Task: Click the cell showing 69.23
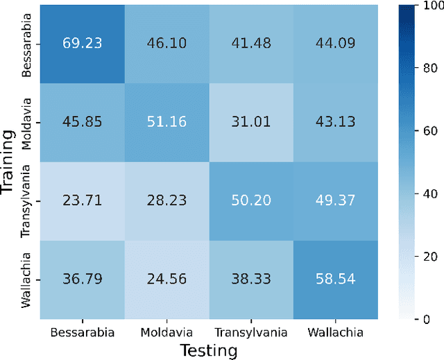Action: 81,42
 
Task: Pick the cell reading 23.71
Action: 81,200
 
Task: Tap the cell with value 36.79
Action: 81,280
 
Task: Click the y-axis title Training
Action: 9,161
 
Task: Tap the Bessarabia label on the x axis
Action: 81,332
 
